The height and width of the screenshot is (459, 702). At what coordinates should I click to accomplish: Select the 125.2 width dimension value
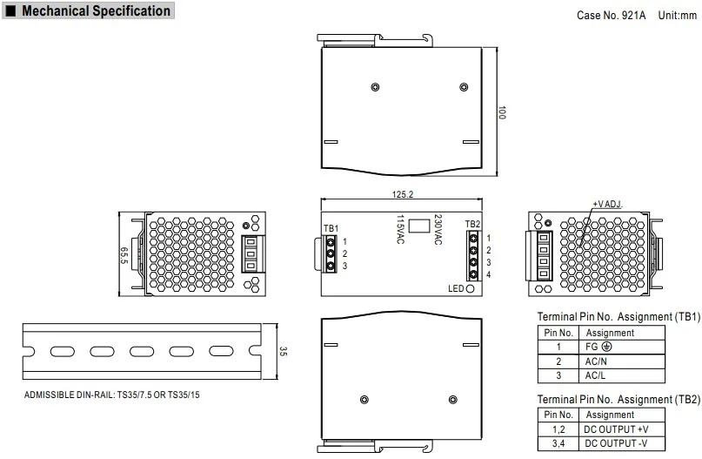(x=403, y=195)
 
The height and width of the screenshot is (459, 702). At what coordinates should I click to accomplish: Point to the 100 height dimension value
(x=502, y=113)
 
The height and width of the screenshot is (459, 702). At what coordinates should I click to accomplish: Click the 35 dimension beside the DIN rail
(x=283, y=351)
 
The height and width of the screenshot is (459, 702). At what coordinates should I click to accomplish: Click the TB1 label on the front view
(x=330, y=229)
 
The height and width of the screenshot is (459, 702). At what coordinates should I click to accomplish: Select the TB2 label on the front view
(x=471, y=225)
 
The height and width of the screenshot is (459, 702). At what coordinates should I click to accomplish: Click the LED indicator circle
(x=471, y=288)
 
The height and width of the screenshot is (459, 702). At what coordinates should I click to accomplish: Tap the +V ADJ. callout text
(x=609, y=203)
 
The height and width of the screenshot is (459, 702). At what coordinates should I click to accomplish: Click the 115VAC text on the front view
(x=400, y=230)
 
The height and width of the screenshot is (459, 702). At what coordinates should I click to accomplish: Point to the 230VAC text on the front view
(x=438, y=230)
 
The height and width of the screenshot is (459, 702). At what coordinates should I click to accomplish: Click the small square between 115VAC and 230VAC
(x=418, y=225)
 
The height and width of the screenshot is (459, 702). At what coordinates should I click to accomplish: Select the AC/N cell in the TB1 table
(x=596, y=361)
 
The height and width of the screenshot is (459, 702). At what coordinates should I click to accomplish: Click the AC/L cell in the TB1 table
(x=596, y=375)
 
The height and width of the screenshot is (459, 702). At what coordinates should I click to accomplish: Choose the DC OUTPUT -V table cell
(x=616, y=444)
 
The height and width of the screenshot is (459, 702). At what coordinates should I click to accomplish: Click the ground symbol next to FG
(x=606, y=347)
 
